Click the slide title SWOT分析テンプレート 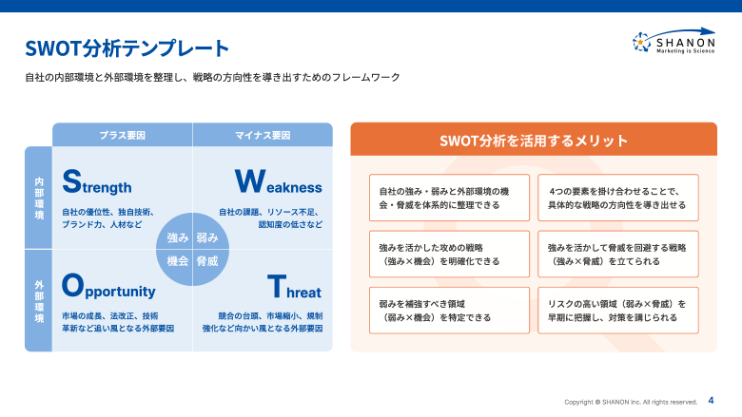click(127, 47)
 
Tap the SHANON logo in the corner click(674, 42)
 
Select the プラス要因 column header click(123, 136)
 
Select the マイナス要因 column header click(263, 136)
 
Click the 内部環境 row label click(39, 199)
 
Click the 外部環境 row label click(39, 300)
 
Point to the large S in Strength click(71, 181)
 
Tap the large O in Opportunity click(72, 286)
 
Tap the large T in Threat click(275, 286)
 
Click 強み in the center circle click(177, 237)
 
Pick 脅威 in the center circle click(207, 260)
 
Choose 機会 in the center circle click(177, 260)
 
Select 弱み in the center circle click(207, 237)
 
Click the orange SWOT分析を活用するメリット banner click(533, 141)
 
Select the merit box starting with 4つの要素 click(617, 198)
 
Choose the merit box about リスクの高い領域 click(617, 311)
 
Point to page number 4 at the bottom click(711, 401)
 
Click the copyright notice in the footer click(631, 402)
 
